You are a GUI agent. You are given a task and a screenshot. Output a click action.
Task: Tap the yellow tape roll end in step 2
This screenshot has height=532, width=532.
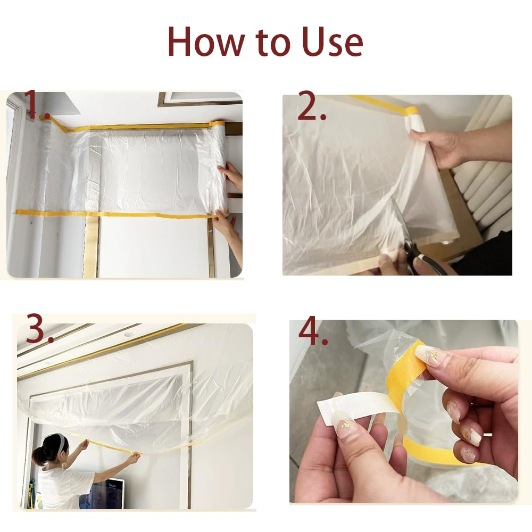pos(411,111)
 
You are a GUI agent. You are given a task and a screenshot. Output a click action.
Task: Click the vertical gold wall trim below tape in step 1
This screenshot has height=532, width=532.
pos(90,247)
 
